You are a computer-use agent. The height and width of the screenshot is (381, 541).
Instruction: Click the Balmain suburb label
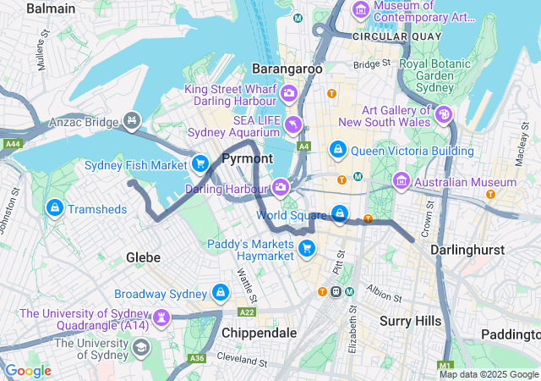click(x=51, y=8)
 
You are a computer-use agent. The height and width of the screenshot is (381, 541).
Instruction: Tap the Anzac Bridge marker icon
click(x=131, y=122)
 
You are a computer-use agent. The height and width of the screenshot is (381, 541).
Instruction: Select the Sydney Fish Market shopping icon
click(x=199, y=163)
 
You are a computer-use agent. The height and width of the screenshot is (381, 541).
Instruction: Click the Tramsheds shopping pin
click(x=55, y=207)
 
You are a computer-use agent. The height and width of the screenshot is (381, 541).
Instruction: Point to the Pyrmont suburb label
click(x=247, y=159)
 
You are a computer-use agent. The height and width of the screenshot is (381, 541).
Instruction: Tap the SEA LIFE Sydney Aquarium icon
click(x=292, y=125)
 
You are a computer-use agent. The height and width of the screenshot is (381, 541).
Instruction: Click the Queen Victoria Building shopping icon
click(x=338, y=150)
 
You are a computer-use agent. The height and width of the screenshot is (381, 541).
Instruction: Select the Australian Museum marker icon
click(x=401, y=181)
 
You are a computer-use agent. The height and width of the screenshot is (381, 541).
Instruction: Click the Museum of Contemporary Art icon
click(x=361, y=10)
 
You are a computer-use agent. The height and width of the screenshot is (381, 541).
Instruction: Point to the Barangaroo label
click(x=287, y=69)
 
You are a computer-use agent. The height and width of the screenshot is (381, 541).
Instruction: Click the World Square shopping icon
click(x=339, y=213)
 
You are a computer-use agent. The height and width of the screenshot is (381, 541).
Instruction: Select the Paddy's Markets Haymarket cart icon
click(x=307, y=247)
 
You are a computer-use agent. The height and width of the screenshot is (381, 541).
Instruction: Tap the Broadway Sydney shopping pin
click(x=221, y=293)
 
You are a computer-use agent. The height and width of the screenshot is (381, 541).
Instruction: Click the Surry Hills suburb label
click(x=410, y=321)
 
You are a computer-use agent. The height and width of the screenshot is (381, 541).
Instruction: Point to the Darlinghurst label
click(x=467, y=251)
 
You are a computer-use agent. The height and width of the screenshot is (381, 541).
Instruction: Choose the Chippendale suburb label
click(x=259, y=333)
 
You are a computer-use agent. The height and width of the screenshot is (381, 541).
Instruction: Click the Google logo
click(x=28, y=371)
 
